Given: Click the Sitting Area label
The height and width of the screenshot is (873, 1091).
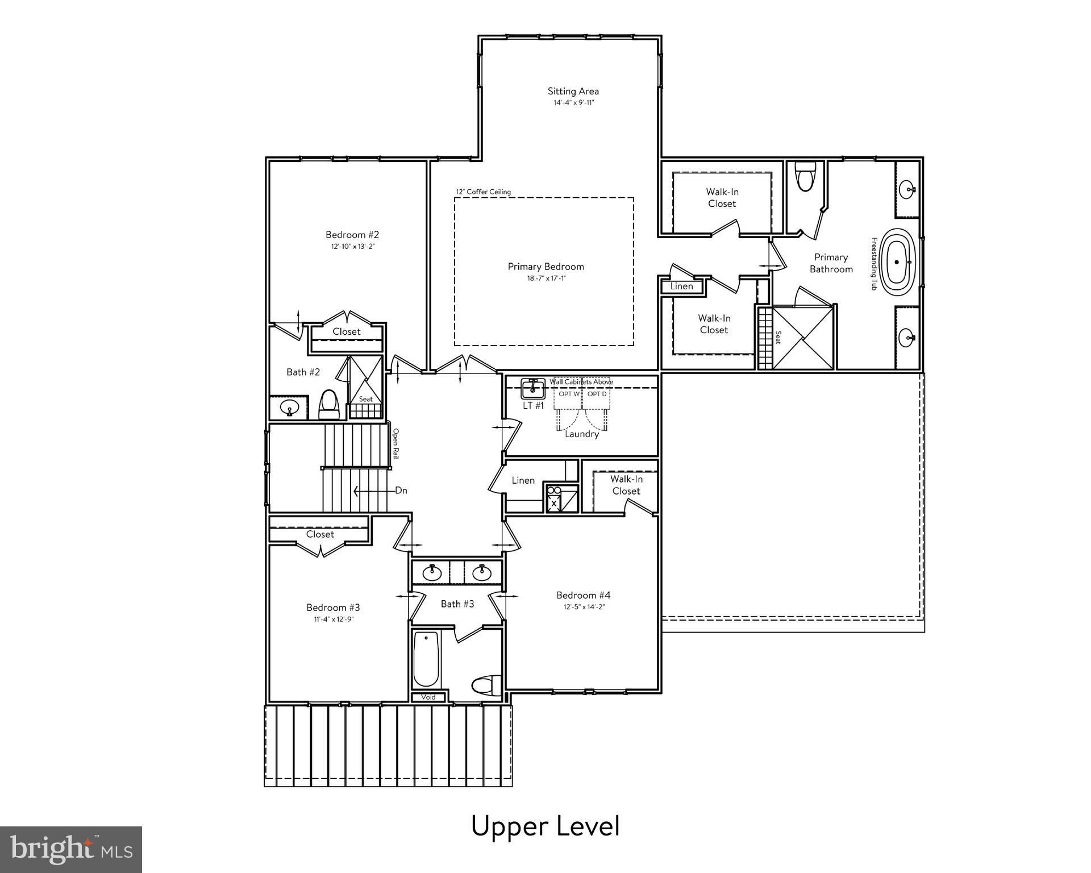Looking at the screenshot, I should [x=573, y=91].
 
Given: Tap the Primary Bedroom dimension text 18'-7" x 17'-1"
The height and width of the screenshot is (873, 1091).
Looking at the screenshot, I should [x=545, y=278].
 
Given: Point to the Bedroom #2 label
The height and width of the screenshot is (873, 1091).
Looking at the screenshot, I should [x=352, y=235].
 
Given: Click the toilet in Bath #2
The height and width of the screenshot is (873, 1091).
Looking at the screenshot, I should [x=328, y=403].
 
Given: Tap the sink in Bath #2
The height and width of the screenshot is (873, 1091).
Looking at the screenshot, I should [x=290, y=408].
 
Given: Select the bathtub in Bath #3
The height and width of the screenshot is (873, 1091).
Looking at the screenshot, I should [x=426, y=659].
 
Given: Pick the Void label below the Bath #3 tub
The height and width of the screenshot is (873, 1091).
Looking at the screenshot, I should [x=428, y=697].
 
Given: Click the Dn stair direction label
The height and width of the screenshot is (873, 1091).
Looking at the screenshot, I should [x=401, y=490].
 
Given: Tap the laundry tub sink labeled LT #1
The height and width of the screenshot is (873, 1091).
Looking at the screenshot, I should [x=533, y=389].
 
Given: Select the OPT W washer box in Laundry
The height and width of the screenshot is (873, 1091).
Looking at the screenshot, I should [x=569, y=394].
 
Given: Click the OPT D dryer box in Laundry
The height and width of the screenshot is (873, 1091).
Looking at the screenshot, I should [x=597, y=394].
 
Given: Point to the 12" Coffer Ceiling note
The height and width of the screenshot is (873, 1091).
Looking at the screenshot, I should [x=483, y=192].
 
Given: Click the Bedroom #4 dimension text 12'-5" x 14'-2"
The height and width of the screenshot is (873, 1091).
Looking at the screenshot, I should [x=584, y=606].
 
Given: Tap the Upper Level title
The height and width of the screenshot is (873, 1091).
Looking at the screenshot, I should [x=545, y=826].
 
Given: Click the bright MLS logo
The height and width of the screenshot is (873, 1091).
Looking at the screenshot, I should [x=71, y=850].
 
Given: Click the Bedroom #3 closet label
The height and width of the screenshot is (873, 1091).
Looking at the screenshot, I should [x=320, y=534].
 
